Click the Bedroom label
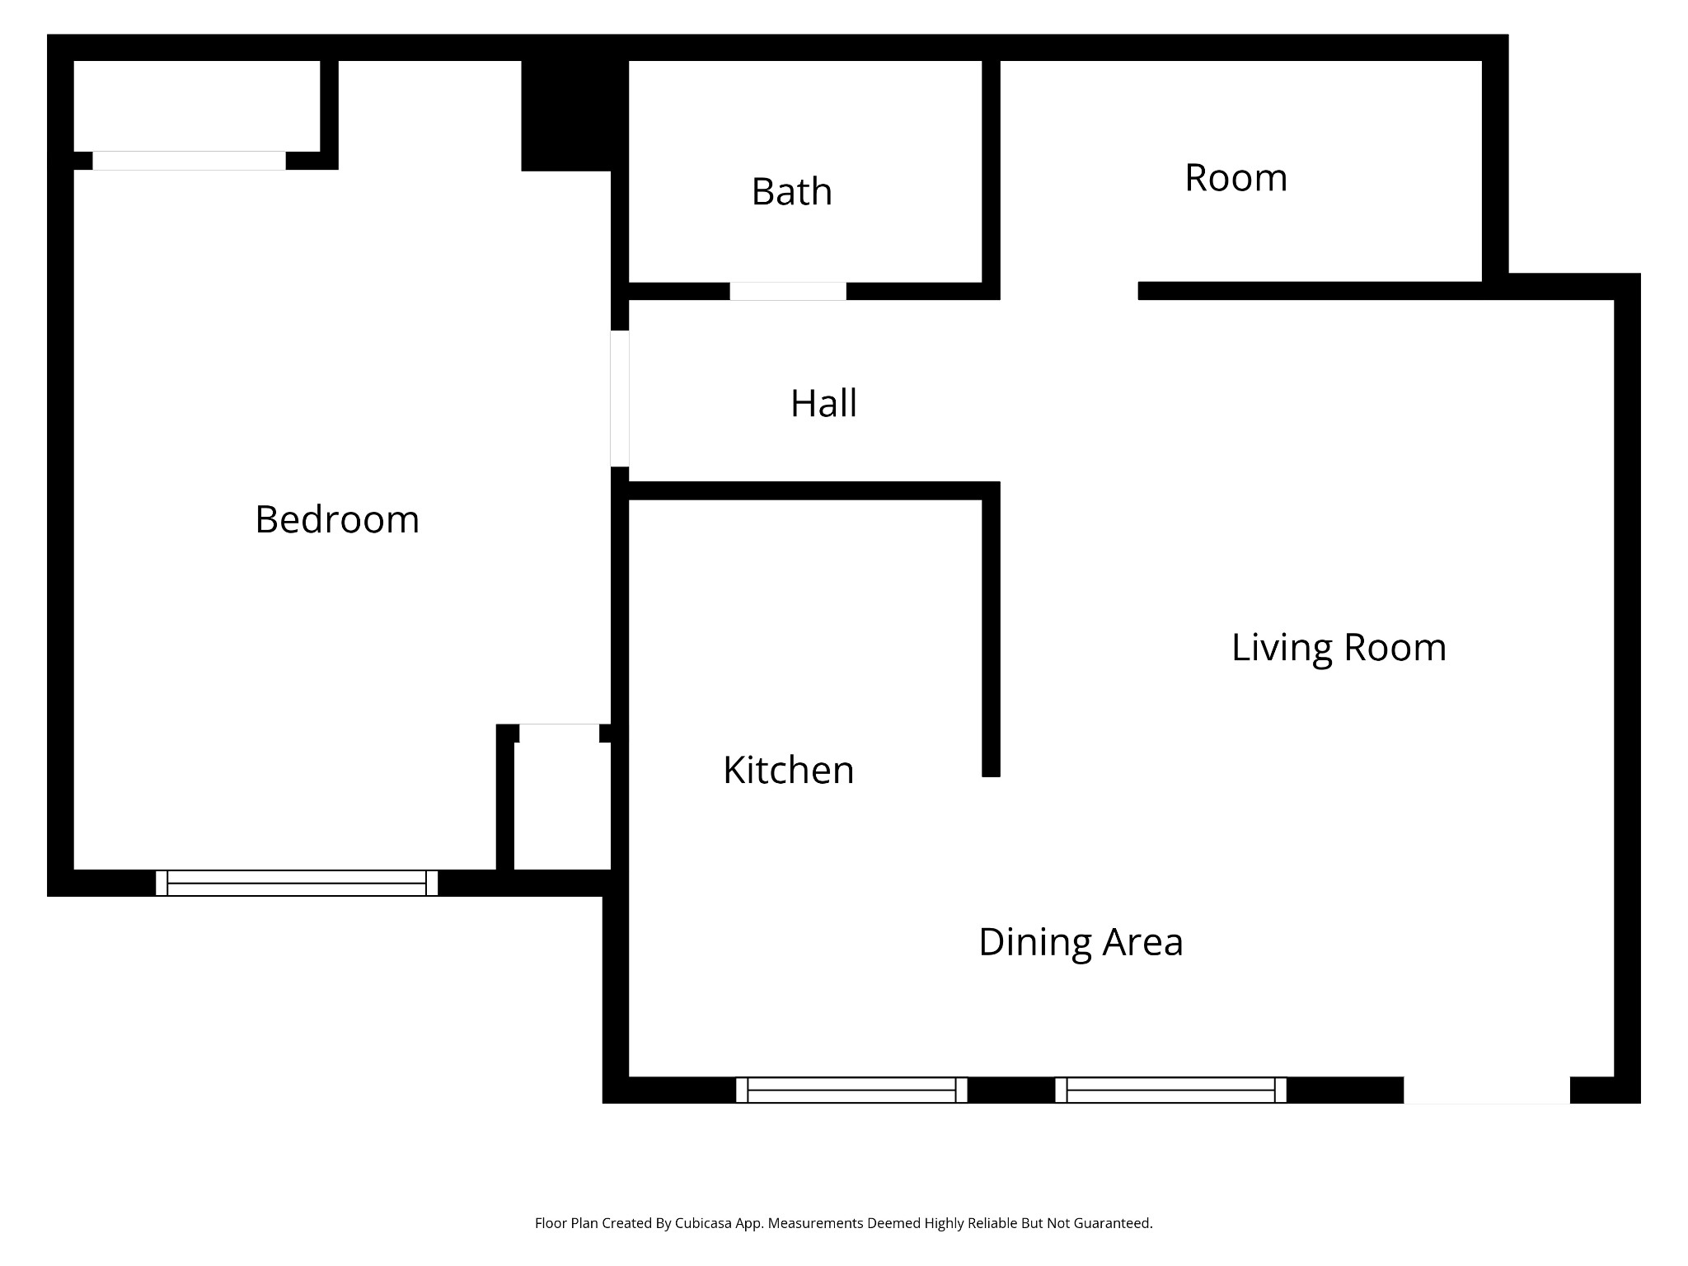pyautogui.click(x=337, y=520)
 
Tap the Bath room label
pyautogui.click(x=791, y=192)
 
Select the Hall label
pyautogui.click(x=823, y=404)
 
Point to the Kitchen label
pyautogui.click(x=788, y=771)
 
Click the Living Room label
pyautogui.click(x=1339, y=648)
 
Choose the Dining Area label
pyautogui.click(x=1081, y=942)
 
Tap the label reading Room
pyautogui.click(x=1236, y=178)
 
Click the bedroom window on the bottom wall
pyautogui.click(x=297, y=883)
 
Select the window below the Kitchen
pyautogui.click(x=851, y=1090)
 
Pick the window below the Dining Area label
pyautogui.click(x=1170, y=1090)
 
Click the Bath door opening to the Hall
pyautogui.click(x=788, y=291)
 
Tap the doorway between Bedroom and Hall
pyautogui.click(x=620, y=399)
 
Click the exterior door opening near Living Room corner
pyautogui.click(x=1486, y=1090)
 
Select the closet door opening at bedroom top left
pyautogui.click(x=189, y=161)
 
